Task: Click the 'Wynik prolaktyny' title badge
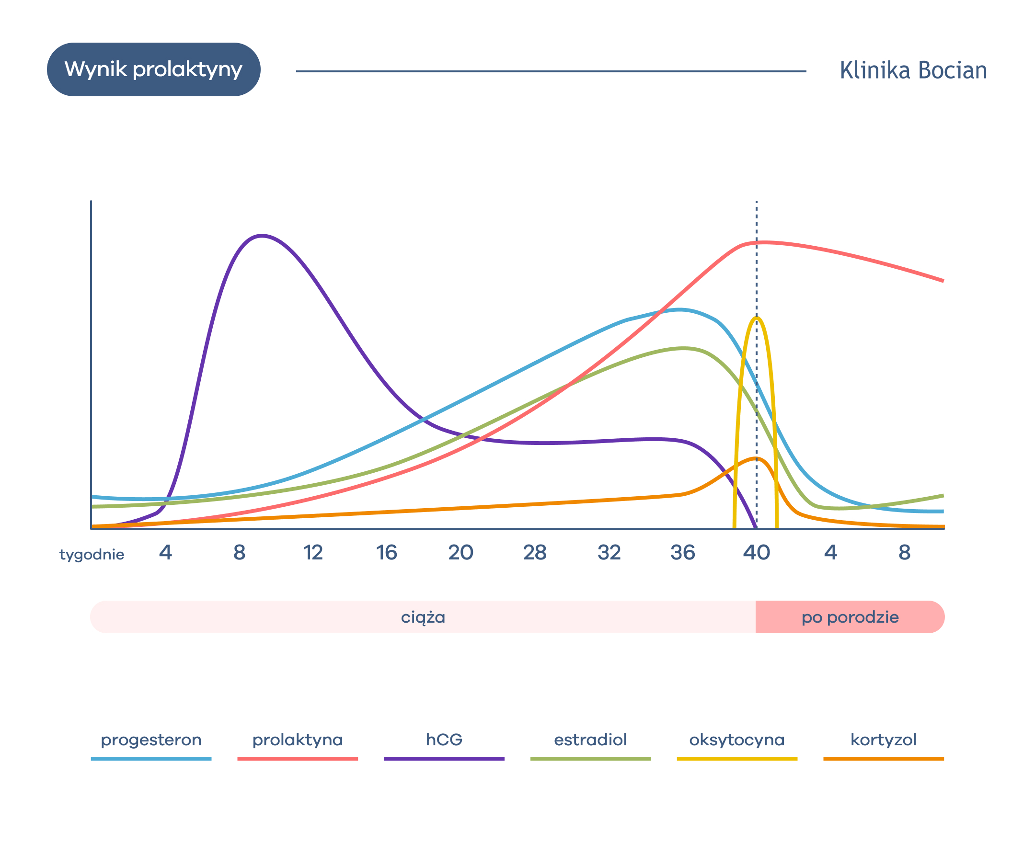pos(153,69)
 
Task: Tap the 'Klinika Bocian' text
pos(913,70)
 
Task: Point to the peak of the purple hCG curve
pos(262,236)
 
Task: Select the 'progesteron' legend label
pos(151,740)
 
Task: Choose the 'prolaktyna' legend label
pos(297,740)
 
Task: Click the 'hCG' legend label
pos(444,740)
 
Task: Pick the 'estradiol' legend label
pos(590,740)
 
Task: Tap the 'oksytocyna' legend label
pos(737,740)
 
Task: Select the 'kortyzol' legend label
pos(884,740)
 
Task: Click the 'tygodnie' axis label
pos(92,555)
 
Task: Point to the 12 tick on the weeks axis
pos(313,553)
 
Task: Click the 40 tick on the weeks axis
pos(756,553)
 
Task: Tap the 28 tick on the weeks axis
pos(535,553)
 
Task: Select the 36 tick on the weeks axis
pos(682,553)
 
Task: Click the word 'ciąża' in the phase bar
pos(423,617)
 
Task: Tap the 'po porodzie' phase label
pos(850,617)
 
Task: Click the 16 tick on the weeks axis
pos(387,553)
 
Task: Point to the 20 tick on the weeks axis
pos(460,553)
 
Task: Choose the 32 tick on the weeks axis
pos(609,553)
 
